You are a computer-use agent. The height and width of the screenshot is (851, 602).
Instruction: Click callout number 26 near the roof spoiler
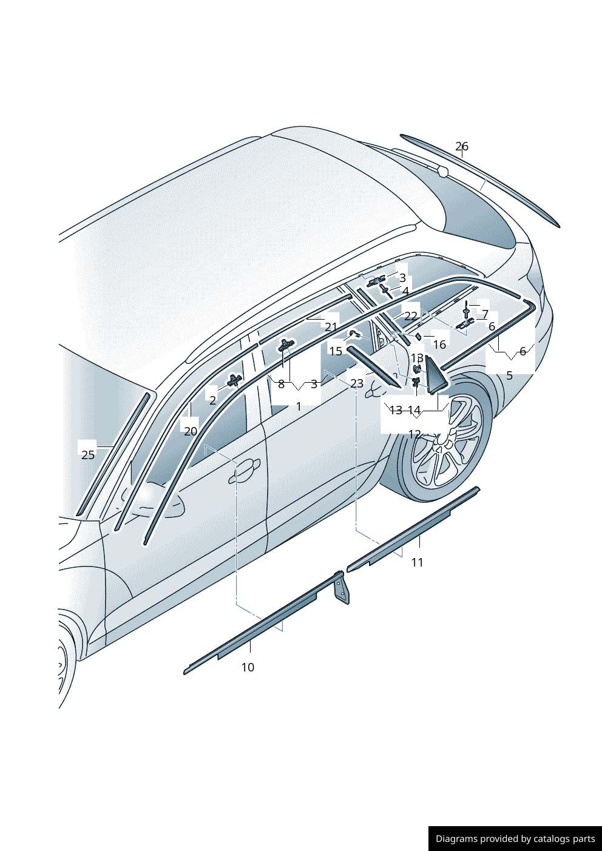pos(462,147)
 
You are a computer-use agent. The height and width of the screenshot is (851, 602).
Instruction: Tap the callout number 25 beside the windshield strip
pos(88,455)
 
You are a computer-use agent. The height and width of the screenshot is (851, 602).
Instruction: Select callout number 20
pos(191,431)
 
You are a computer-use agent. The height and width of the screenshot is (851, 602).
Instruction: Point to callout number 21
pos(331,327)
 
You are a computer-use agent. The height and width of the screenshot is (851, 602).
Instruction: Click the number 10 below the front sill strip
pos(248,667)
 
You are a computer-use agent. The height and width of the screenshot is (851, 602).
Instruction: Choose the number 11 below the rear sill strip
pos(417,562)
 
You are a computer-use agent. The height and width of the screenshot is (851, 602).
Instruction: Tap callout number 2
pos(212,400)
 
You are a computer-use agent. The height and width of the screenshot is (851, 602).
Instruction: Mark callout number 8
pos(281,384)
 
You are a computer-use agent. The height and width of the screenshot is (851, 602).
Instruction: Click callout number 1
pos(299,406)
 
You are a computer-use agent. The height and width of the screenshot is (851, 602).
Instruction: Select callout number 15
pos(336,351)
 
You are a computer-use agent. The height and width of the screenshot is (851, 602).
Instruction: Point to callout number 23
pos(357,383)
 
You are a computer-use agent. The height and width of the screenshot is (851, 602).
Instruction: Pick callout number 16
pos(439,345)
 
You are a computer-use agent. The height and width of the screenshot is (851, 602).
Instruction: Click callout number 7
pos(485,314)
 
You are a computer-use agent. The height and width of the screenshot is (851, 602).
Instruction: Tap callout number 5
pos(509,375)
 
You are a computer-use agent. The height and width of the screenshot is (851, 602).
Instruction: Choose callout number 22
pos(411,316)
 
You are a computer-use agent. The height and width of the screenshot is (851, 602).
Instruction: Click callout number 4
pos(405,291)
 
